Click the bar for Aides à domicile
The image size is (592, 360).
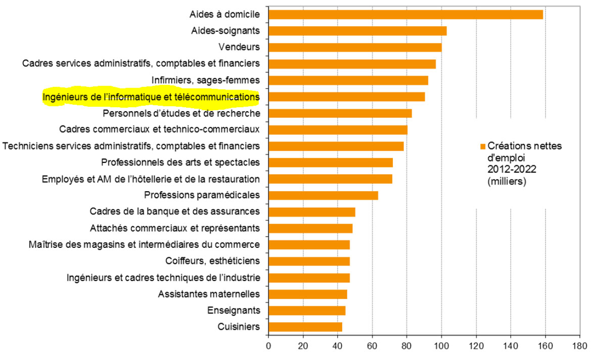point(405,15)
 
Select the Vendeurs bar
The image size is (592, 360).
point(355,48)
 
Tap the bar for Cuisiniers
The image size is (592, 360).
point(305,327)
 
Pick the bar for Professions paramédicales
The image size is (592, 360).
point(323,195)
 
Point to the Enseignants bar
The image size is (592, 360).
point(307,310)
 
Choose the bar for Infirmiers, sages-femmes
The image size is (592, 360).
point(348,80)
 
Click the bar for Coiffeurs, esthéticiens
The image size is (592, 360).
point(309,261)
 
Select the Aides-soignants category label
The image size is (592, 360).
point(226,31)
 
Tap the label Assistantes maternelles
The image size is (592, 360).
point(209,294)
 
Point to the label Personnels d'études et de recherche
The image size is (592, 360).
point(181,113)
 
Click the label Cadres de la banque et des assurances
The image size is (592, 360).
point(174,211)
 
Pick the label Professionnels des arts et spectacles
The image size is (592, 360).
point(180,162)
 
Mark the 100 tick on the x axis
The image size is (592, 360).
point(441,348)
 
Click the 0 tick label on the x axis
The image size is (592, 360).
point(268,348)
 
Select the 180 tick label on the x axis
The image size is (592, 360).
point(579,348)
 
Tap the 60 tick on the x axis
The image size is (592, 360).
point(372,348)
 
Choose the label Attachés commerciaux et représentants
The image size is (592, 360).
point(174,228)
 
